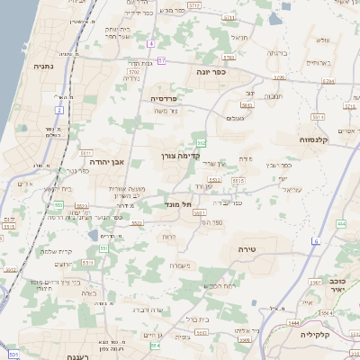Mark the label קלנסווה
point(318,139)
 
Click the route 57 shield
point(162,59)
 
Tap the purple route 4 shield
point(151,43)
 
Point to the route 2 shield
point(59,110)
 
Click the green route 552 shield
point(202,143)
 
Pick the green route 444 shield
point(341,222)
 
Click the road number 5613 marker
point(247,105)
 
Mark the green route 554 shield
point(156,345)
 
